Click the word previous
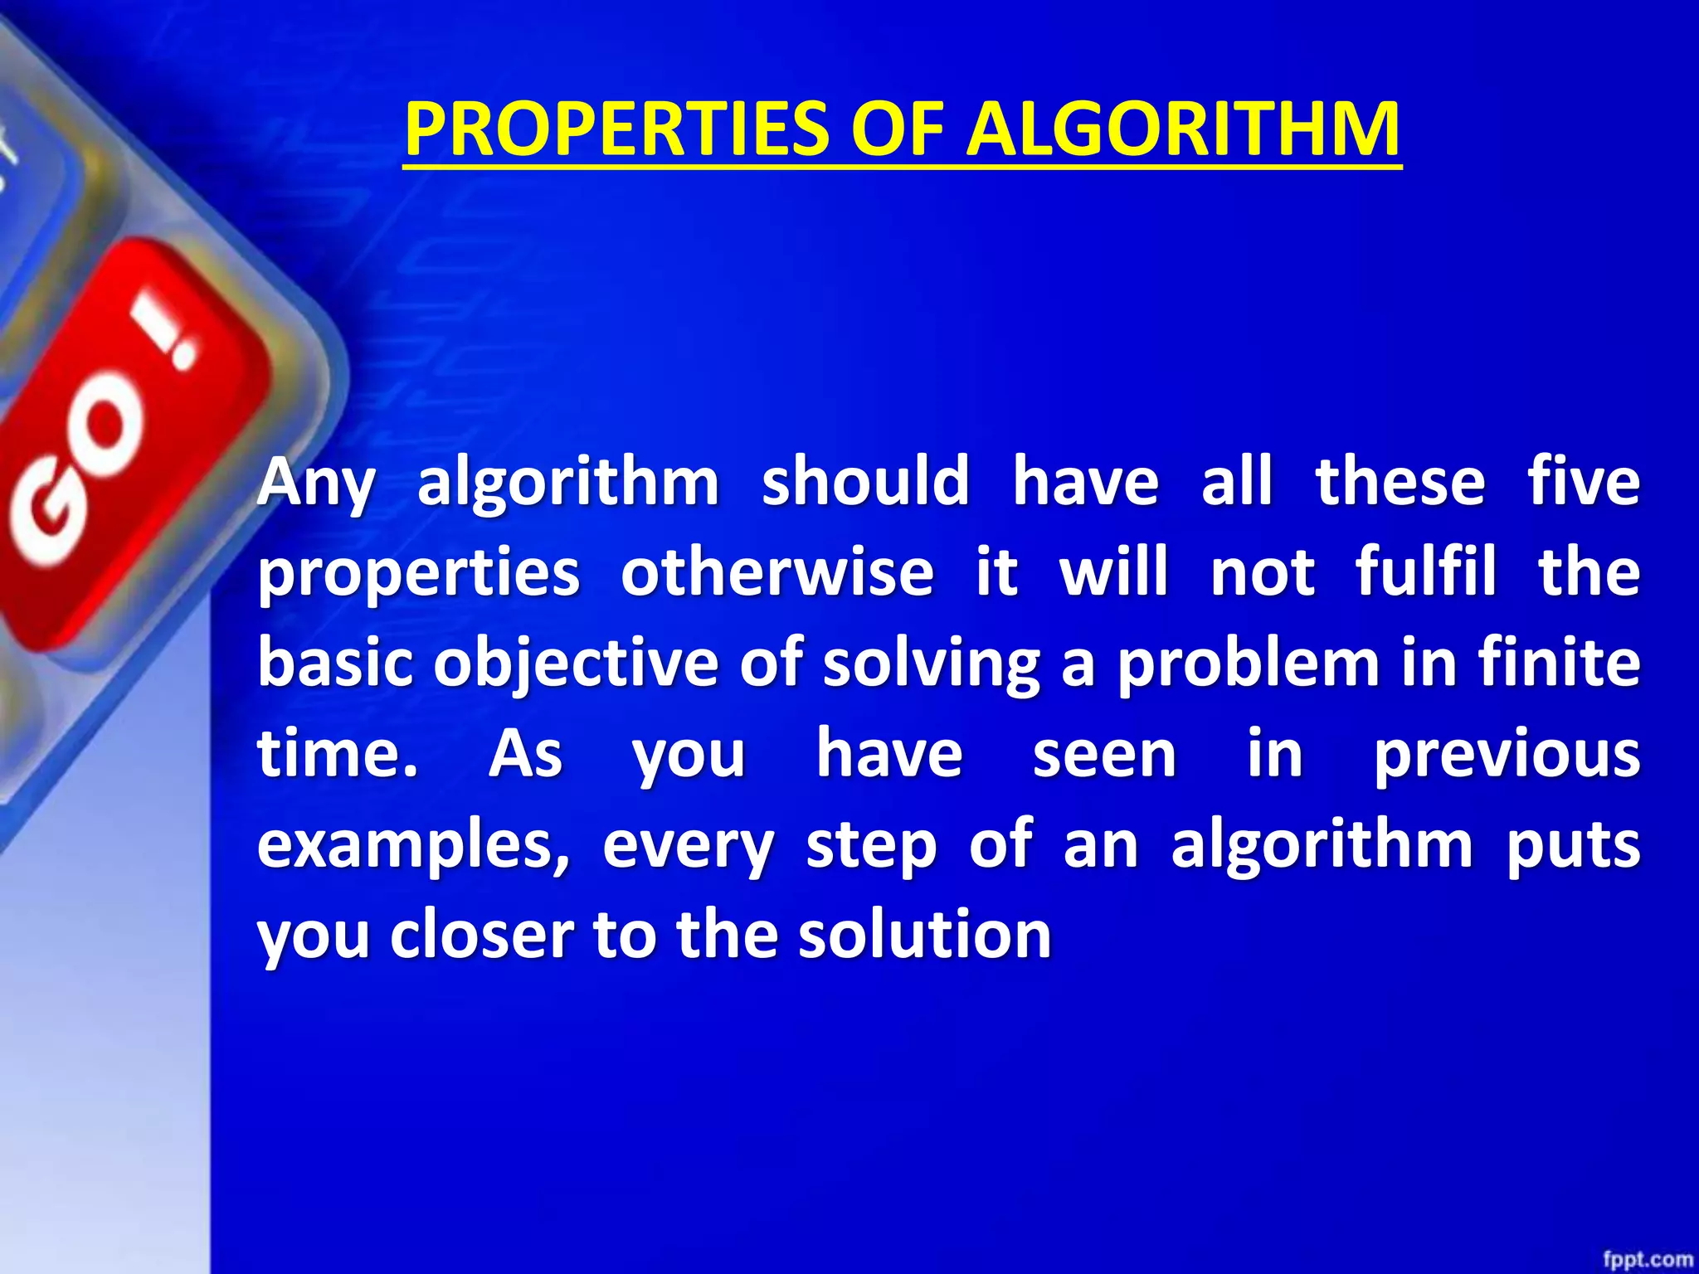tap(1506, 755)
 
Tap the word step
tap(871, 846)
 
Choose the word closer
tap(482, 935)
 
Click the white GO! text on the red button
tap(100, 448)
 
